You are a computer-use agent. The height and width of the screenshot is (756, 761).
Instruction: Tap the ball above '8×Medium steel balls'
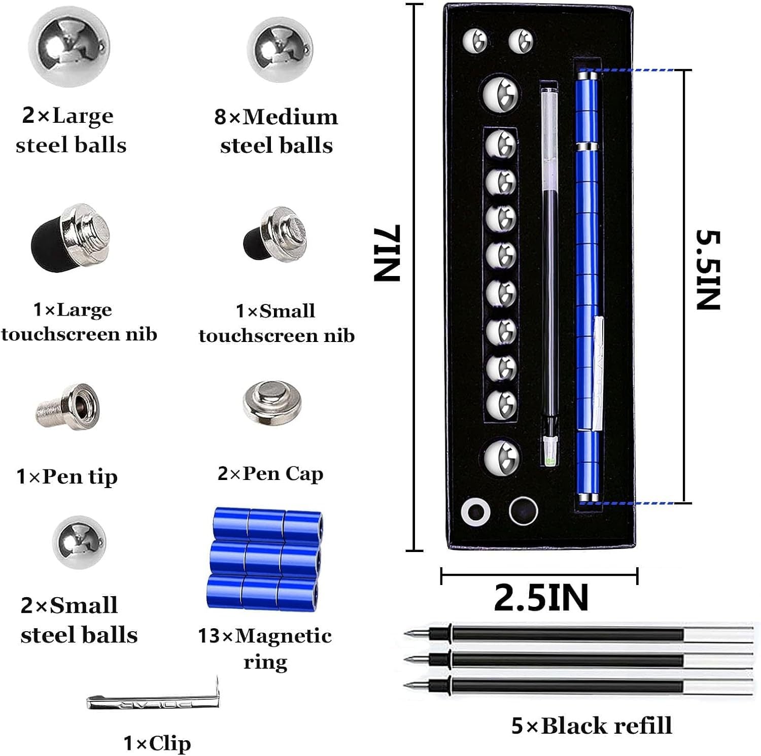coord(280,50)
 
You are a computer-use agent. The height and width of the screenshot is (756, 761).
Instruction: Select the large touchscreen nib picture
coord(71,237)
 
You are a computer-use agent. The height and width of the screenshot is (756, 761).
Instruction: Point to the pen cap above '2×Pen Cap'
coord(272,403)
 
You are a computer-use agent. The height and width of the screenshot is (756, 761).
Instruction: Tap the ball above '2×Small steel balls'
coord(79,542)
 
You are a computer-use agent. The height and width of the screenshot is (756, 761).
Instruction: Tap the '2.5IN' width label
coord(541,598)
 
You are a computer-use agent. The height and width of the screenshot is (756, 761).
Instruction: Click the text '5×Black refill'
coord(591,726)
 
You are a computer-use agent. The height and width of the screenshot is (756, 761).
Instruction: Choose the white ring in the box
coord(475,511)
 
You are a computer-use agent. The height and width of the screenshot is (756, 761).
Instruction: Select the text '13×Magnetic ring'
coord(265,648)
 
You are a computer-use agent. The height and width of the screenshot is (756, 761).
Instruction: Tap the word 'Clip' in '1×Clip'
coord(170,743)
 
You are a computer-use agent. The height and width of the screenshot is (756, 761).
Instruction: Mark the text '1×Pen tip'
coord(67,476)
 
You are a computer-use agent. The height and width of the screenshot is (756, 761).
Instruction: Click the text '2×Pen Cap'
coord(270,473)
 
